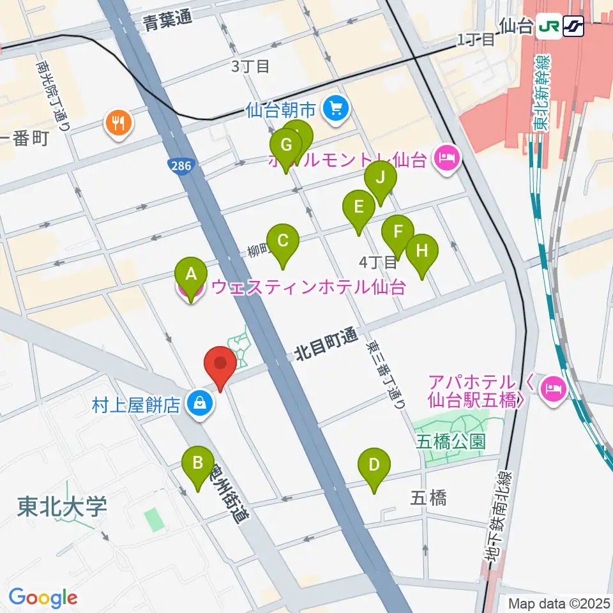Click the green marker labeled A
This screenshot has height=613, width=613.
pyautogui.click(x=190, y=275)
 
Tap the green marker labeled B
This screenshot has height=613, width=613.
pyautogui.click(x=198, y=463)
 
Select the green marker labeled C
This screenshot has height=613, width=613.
pyautogui.click(x=283, y=241)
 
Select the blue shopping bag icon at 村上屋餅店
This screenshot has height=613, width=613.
pyautogui.click(x=199, y=404)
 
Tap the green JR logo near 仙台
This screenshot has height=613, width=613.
pyautogui.click(x=548, y=26)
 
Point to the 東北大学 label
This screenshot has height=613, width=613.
pyautogui.click(x=62, y=507)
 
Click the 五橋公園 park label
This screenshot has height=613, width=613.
pyautogui.click(x=451, y=441)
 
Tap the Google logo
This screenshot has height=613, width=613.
pyautogui.click(x=43, y=597)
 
